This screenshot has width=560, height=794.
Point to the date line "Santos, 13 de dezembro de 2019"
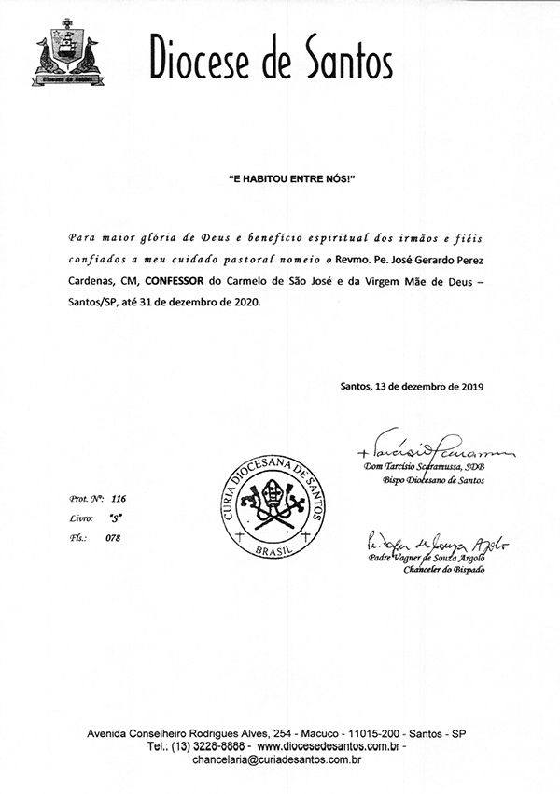pos(413,386)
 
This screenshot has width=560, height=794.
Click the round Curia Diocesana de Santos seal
pos(267,504)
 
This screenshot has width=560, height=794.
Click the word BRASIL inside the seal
pos(268,547)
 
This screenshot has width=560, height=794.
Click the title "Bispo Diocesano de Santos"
pos(427,480)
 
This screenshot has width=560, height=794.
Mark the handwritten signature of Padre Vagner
pos(426,544)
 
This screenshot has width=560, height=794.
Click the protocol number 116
pos(118,499)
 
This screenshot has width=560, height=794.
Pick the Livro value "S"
pos(115,518)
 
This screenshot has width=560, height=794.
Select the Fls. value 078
pos(114,537)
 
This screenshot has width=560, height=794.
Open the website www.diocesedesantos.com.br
pos(329,747)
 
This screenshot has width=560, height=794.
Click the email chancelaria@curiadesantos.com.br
pos(277,760)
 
